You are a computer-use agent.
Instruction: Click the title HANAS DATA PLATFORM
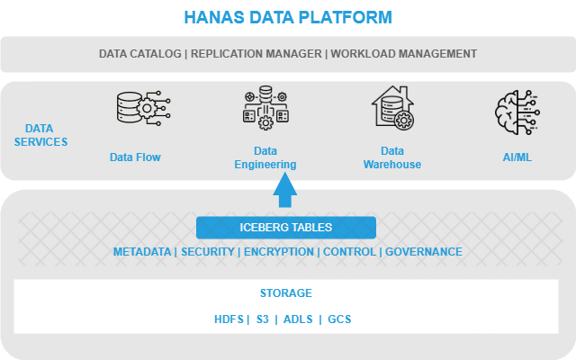tap(288, 17)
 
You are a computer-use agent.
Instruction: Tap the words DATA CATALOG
tap(140, 54)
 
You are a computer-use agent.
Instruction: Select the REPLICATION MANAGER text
tap(256, 54)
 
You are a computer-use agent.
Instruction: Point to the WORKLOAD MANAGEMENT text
tap(404, 54)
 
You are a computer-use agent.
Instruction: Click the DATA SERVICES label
tap(40, 135)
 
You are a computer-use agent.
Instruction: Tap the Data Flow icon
tap(144, 108)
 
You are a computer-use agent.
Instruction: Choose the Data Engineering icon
tap(265, 108)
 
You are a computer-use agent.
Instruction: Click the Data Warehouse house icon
tap(392, 108)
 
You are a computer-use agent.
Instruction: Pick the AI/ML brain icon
tap(517, 112)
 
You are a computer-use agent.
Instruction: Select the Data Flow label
tap(135, 157)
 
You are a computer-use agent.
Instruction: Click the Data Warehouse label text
tap(392, 157)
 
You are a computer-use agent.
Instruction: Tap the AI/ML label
tap(517, 157)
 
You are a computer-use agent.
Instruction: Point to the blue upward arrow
tap(285, 190)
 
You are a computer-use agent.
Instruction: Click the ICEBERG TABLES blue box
tap(286, 228)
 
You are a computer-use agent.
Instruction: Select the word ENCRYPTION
tap(279, 252)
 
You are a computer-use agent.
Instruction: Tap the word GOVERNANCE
tap(424, 252)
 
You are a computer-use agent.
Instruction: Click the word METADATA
tap(142, 252)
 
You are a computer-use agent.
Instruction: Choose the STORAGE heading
tap(286, 292)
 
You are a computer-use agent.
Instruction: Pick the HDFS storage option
tap(229, 319)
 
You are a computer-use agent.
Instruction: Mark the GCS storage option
tap(339, 319)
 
